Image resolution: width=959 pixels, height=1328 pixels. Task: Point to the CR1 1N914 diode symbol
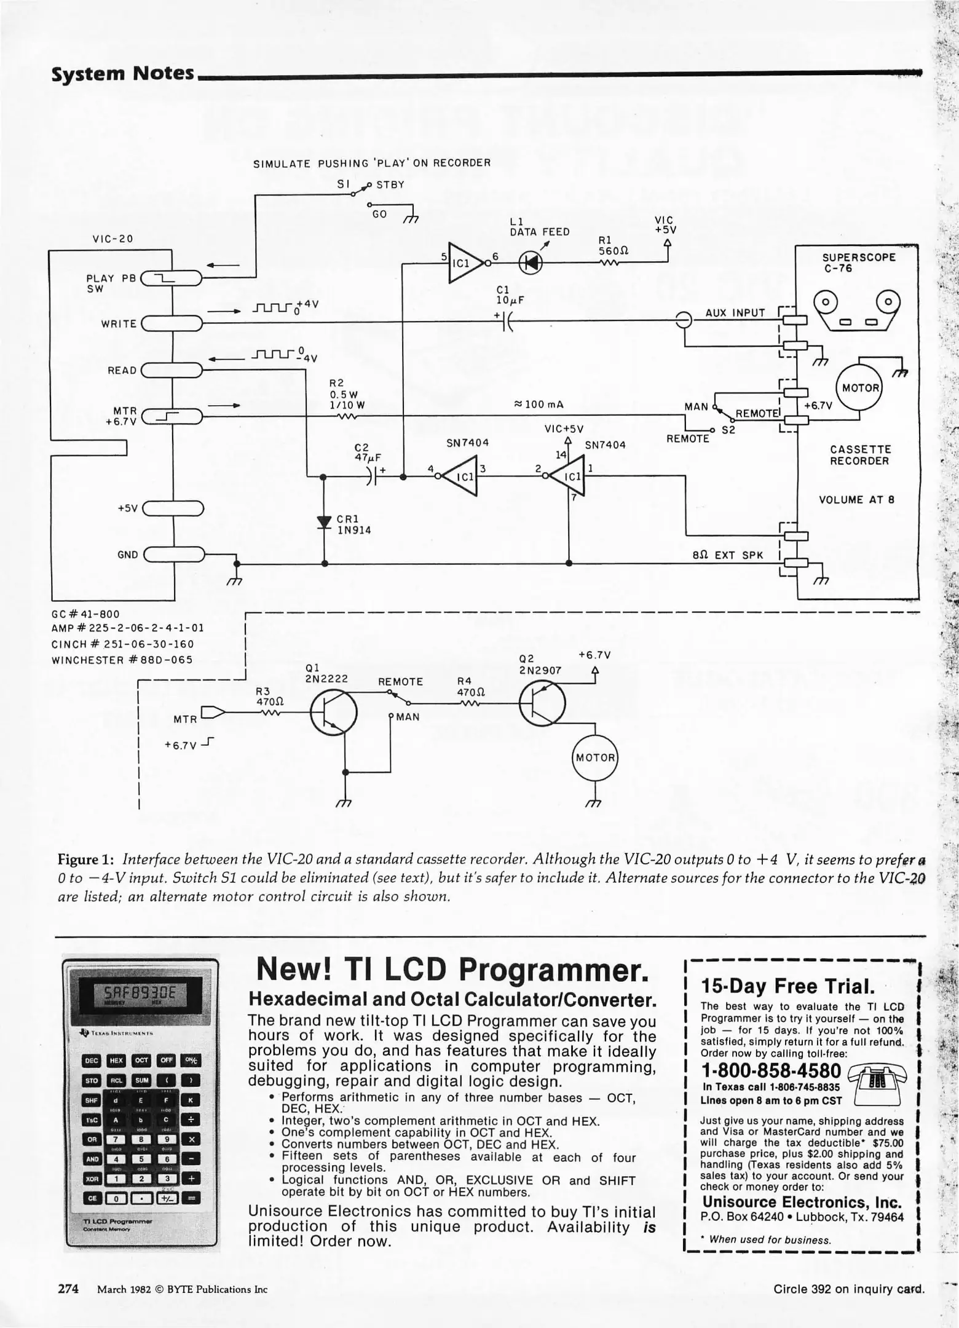(324, 522)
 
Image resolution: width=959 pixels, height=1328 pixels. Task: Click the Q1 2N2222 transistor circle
(333, 713)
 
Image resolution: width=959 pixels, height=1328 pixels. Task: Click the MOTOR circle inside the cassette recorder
(860, 388)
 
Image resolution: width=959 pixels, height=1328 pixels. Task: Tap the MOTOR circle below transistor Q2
(594, 757)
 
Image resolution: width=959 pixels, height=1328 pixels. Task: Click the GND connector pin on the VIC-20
(174, 555)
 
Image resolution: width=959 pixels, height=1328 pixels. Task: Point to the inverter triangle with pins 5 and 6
(466, 263)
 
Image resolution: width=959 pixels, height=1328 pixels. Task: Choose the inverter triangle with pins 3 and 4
(460, 475)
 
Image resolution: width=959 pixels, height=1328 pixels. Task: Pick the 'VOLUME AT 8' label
(856, 500)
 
